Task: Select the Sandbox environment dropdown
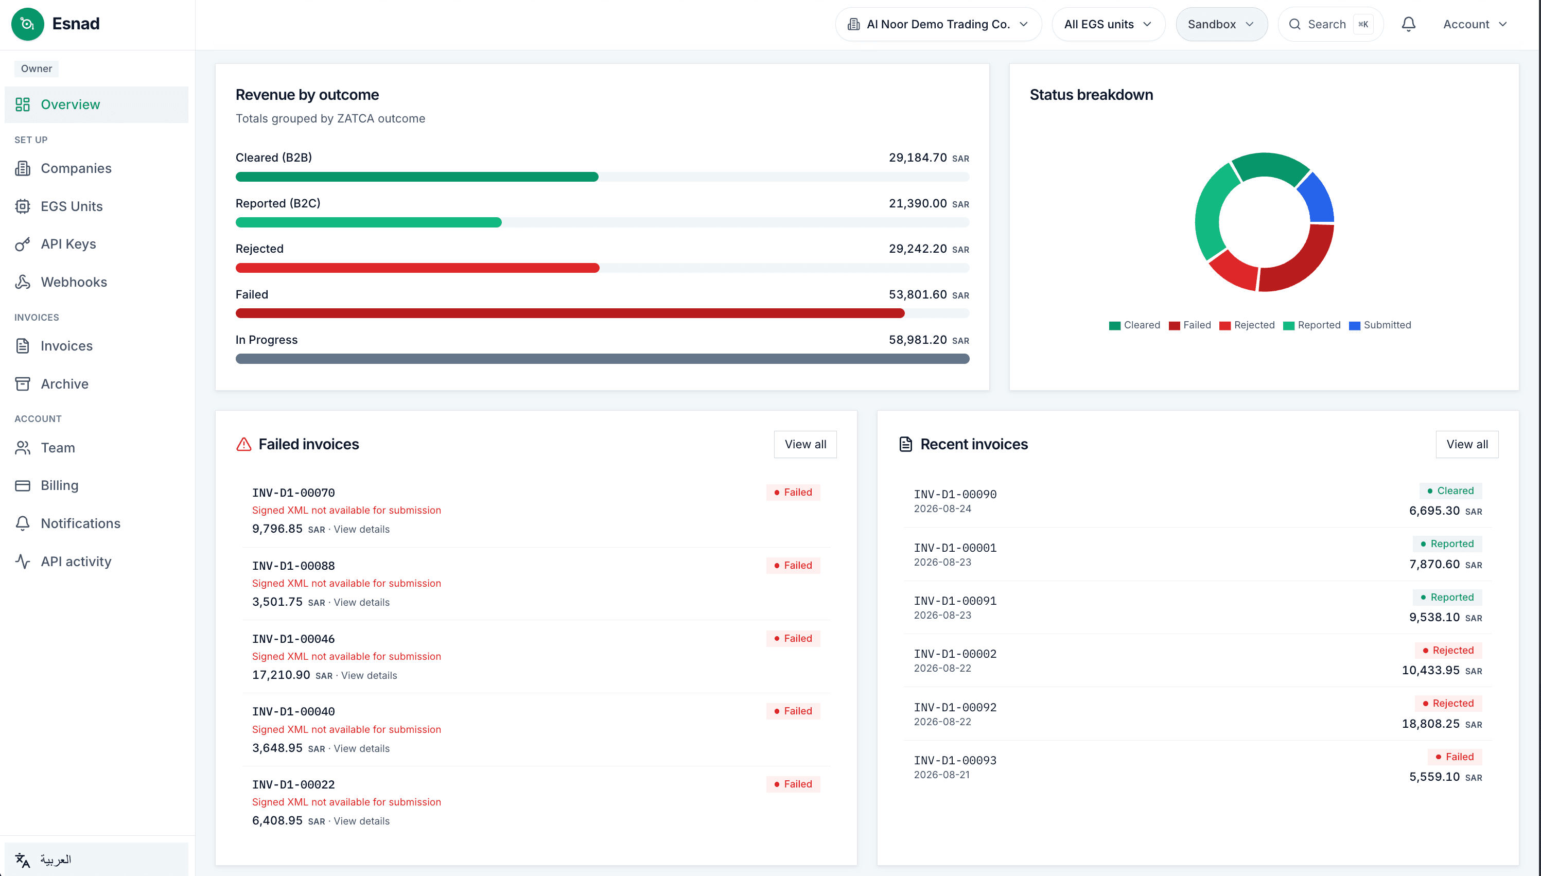1221,24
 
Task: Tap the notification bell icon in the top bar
1408,24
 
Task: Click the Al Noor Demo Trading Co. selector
938,24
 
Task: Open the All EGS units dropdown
1108,24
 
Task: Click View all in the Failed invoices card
805,444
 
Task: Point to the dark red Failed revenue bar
570,313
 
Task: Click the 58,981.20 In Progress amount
918,340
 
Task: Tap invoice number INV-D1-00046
293,638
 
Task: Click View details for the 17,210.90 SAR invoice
369,675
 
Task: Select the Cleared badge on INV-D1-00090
1450,490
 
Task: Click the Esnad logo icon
28,24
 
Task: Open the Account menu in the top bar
1475,24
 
